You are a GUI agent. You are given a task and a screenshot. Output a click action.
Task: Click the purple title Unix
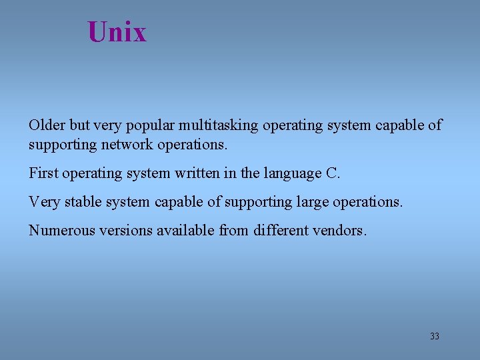[117, 31]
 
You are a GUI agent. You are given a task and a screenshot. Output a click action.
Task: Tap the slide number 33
[435, 336]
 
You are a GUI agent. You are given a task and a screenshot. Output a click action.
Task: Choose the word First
[43, 173]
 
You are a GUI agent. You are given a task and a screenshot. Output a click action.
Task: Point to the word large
[316, 202]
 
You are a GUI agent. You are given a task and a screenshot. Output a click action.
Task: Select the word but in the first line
[79, 125]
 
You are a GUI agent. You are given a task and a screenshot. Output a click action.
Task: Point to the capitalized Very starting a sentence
[43, 201]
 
